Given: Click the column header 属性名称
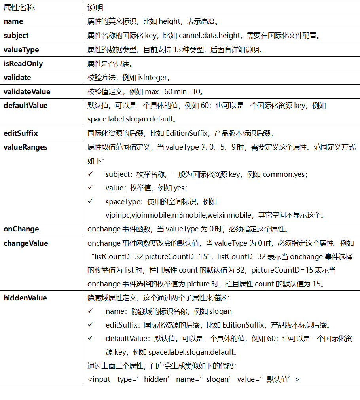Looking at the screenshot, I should point(18,7).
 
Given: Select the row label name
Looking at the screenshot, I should point(13,21).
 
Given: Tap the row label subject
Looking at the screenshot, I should point(16,36).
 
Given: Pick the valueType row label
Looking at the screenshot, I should point(21,50).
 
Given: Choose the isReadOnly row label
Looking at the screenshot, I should point(23,64).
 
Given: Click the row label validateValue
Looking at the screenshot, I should point(27,92).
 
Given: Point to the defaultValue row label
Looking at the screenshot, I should point(26,106).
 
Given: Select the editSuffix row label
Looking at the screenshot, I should point(21,133).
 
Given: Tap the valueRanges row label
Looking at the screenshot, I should point(26,147).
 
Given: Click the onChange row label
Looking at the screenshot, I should point(21,229).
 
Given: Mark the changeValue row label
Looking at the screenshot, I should point(26,243).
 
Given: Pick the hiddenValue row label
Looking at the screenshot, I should point(25,298).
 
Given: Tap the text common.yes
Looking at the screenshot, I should point(284,174).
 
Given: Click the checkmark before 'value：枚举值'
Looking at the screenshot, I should point(91,188).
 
